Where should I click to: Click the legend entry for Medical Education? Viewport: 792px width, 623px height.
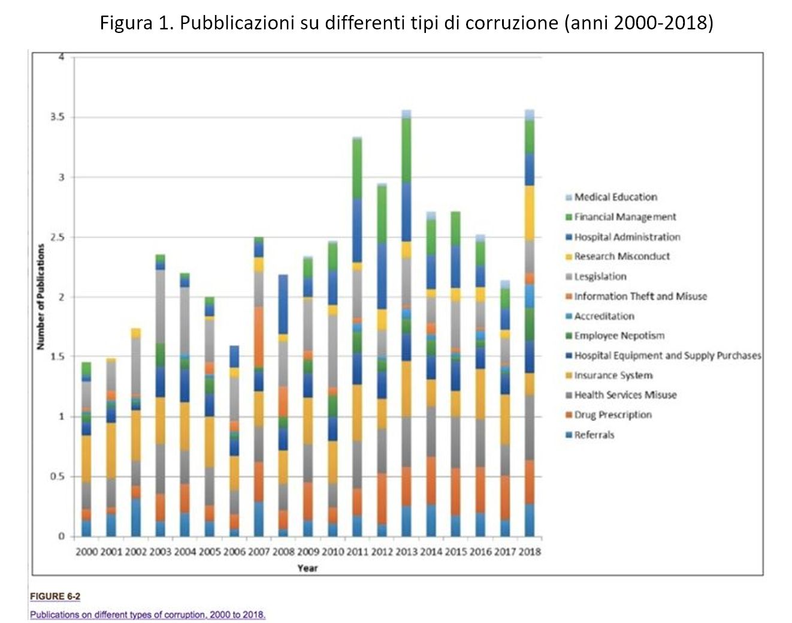pos(615,197)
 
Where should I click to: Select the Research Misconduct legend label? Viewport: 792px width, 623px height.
pos(622,256)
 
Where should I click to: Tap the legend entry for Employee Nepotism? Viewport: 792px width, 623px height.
pos(619,335)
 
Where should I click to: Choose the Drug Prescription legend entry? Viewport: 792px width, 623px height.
pos(612,414)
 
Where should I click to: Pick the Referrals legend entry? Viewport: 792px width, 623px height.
pos(594,435)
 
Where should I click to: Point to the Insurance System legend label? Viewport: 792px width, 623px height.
pos(613,375)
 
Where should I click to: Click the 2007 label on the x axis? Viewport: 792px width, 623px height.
pos(259,552)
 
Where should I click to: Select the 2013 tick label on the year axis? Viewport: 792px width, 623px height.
pos(407,552)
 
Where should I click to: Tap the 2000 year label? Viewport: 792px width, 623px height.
pos(86,552)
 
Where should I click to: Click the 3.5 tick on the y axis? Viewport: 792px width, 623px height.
pos(58,117)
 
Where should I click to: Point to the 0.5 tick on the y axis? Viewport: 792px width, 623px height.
pos(58,477)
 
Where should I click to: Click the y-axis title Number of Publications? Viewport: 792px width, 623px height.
pos(41,297)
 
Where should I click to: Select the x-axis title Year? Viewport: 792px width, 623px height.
pos(307,568)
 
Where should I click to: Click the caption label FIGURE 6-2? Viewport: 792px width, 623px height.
pos(55,596)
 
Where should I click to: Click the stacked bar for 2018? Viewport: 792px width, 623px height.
pos(530,324)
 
